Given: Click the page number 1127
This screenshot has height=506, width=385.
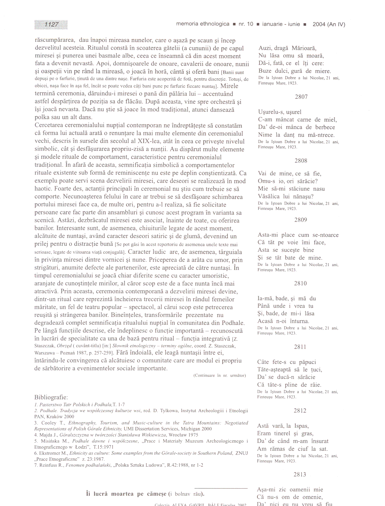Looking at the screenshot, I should tap(51, 25).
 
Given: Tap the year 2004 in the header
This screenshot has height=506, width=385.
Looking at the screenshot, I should tap(319, 24).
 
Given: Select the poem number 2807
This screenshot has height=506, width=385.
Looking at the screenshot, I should tap(301, 97).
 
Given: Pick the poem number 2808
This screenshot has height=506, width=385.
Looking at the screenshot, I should tap(301, 161).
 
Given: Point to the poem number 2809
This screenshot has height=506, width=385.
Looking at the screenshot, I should tap(301, 220).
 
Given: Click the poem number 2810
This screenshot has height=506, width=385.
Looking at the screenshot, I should tap(300, 283).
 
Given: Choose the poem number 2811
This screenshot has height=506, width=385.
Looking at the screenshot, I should tap(300, 347).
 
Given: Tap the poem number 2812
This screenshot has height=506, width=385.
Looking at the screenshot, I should tap(300, 411).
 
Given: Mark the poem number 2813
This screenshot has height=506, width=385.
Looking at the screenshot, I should tap(300, 474).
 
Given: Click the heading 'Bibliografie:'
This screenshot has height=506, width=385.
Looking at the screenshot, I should tap(51, 397).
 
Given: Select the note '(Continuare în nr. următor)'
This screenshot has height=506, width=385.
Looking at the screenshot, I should tap(220, 376).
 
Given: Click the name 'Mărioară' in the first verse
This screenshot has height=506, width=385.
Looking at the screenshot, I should tap(304, 48).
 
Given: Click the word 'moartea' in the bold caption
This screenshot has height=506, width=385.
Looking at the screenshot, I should tap(123, 494).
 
